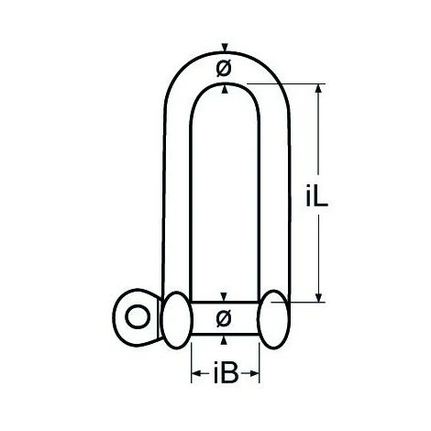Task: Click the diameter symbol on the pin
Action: (x=224, y=318)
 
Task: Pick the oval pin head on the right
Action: (x=273, y=318)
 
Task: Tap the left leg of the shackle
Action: (x=178, y=202)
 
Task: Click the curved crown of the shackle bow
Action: (x=224, y=56)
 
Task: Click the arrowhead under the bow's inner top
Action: (x=224, y=89)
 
